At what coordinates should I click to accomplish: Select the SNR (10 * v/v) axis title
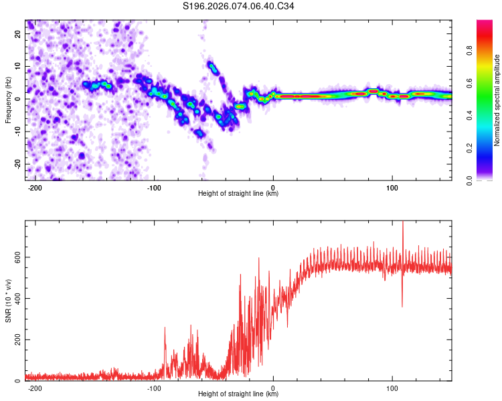[x=8, y=301]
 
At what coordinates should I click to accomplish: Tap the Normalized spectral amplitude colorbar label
[x=497, y=100]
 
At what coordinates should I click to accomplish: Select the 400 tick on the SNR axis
[x=16, y=298]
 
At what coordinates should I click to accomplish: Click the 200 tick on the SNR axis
[x=16, y=340]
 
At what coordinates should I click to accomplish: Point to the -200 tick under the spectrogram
[x=35, y=186]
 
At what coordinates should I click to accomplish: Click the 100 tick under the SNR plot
[x=392, y=387]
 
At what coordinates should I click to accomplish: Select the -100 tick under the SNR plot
[x=155, y=387]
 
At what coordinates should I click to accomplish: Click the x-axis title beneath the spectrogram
[x=238, y=194]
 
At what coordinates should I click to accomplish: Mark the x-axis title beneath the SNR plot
[x=238, y=394]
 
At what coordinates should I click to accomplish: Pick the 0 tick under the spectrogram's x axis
[x=273, y=186]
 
